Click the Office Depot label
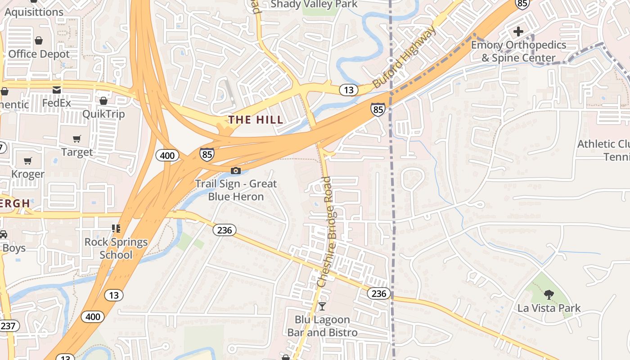[x=39, y=54]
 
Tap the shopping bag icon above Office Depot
[x=39, y=40]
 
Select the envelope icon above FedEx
[x=57, y=90]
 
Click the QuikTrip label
[x=103, y=114]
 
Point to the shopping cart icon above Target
[x=77, y=139]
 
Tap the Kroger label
[x=28, y=174]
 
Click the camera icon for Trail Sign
[x=235, y=171]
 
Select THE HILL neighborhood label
[x=256, y=120]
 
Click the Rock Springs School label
[x=116, y=248]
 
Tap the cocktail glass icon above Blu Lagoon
[x=322, y=306]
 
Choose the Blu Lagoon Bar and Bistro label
[x=322, y=326]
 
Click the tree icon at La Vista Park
[x=549, y=295]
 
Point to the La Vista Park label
[x=549, y=308]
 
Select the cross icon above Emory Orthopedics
[x=518, y=31]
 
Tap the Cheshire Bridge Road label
[x=330, y=232]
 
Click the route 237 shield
[x=9, y=326]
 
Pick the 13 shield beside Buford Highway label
[x=349, y=90]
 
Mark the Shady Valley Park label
[x=315, y=4]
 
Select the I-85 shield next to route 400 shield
[x=207, y=154]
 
